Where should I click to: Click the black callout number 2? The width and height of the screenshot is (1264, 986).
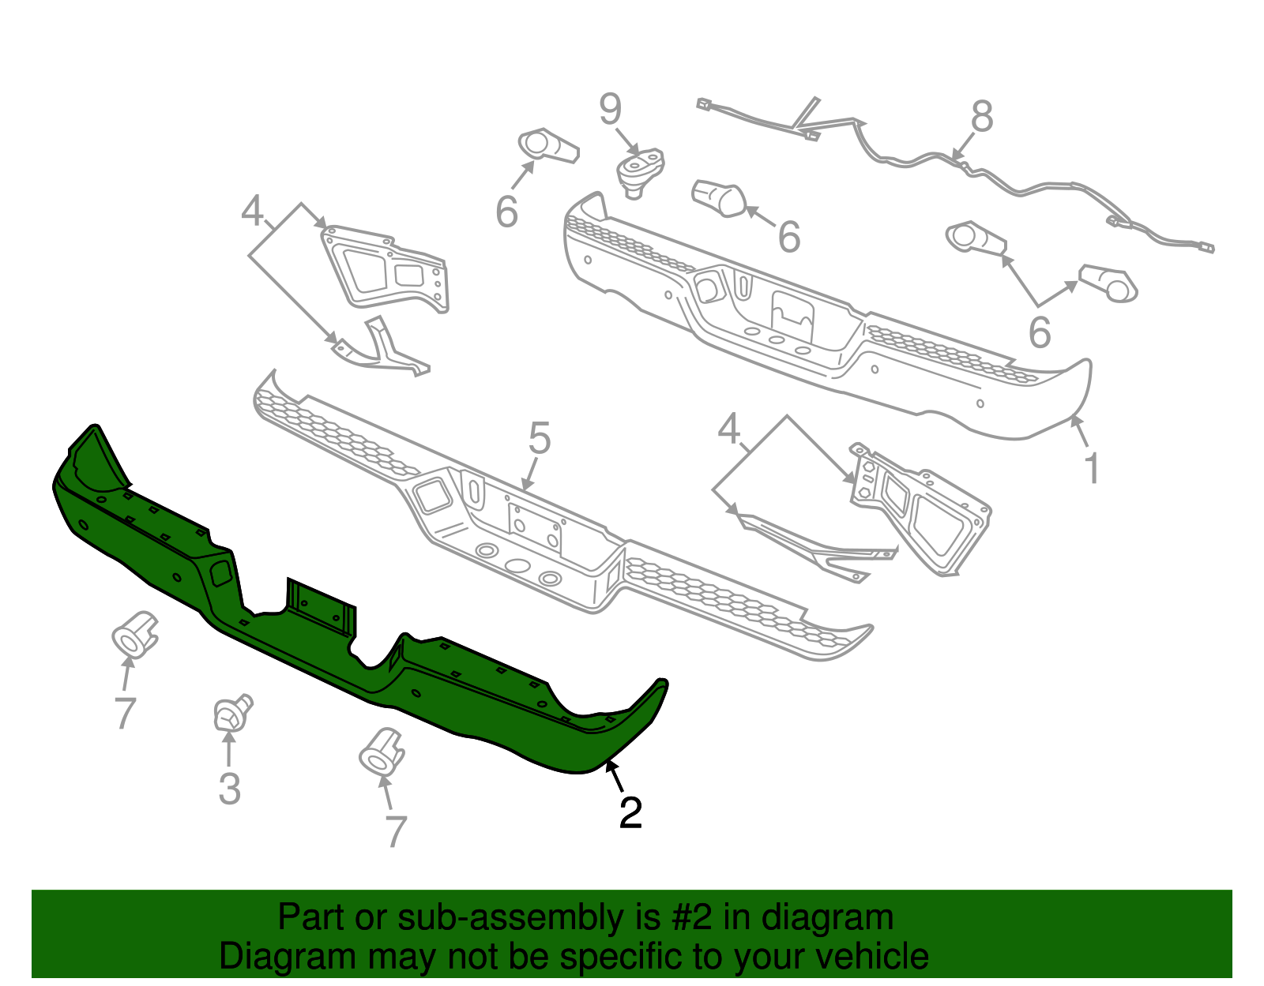click(630, 813)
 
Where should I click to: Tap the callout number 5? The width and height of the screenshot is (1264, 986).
click(539, 439)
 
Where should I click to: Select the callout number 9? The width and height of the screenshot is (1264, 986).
click(610, 110)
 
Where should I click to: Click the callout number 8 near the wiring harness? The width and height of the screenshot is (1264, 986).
click(981, 118)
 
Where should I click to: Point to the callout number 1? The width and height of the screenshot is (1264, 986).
click(1092, 469)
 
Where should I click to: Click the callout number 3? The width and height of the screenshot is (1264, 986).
click(229, 789)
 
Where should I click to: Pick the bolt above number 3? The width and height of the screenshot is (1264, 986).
click(231, 714)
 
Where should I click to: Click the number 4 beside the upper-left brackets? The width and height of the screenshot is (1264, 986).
click(252, 212)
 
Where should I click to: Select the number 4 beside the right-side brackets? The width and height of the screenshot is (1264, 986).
click(728, 430)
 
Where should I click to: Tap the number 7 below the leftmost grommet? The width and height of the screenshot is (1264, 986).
click(125, 713)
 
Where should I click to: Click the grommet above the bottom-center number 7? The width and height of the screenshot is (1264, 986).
click(382, 750)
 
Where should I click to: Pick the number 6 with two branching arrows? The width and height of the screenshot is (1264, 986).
click(1039, 333)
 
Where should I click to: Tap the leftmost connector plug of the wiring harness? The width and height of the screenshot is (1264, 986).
click(704, 104)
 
